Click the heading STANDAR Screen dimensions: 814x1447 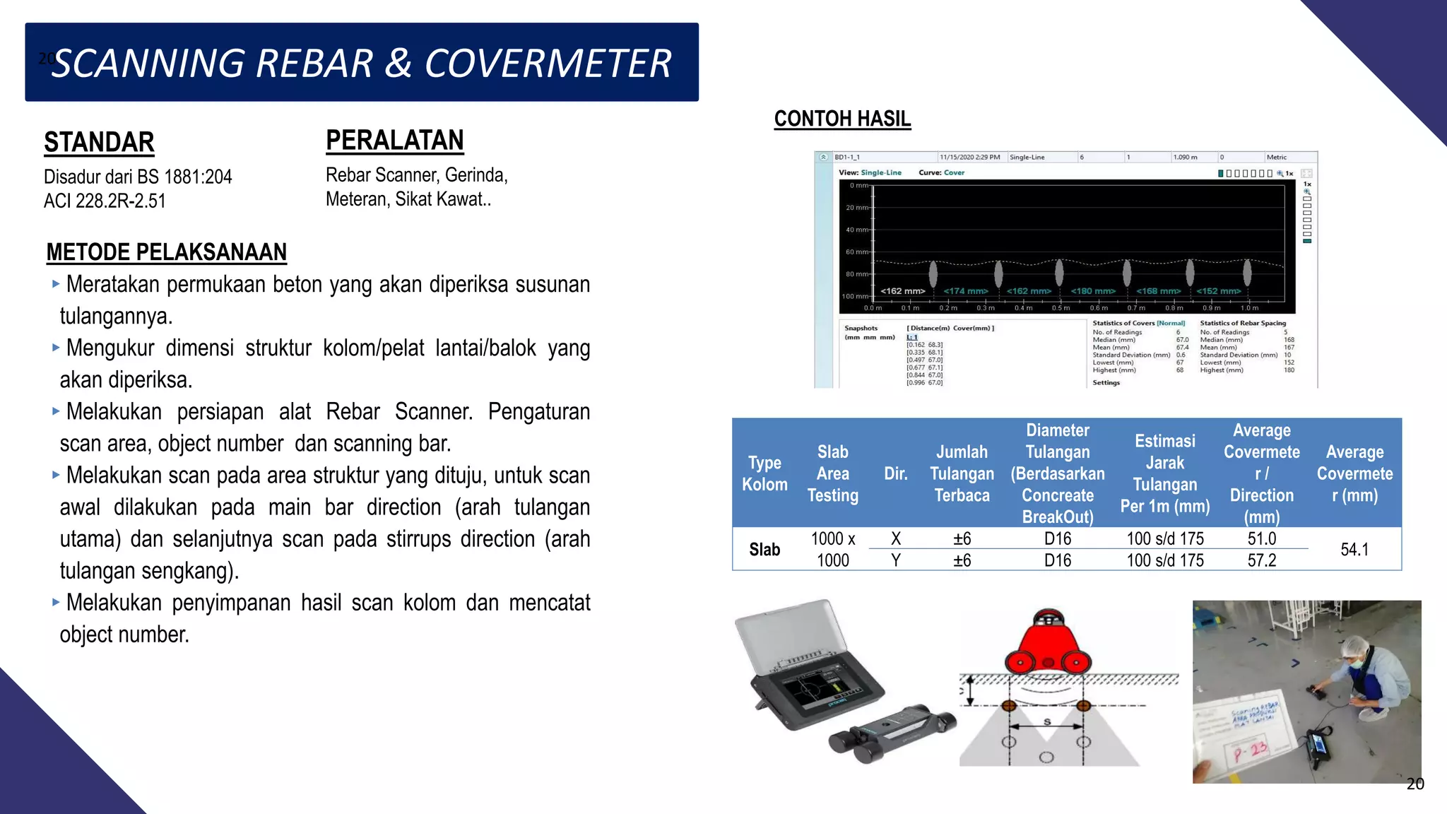(99, 142)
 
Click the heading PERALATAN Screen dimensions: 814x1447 (394, 140)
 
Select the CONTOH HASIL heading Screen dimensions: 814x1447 (842, 119)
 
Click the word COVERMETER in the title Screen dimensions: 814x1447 (548, 64)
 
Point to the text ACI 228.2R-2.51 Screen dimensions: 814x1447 (105, 201)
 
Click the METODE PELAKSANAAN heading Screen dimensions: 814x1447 (166, 252)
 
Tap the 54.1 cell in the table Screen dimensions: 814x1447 (1354, 549)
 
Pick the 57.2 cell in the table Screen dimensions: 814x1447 (1261, 560)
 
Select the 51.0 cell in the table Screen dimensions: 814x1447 (1261, 538)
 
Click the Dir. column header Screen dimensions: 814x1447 (895, 473)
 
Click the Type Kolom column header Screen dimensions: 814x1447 (764, 473)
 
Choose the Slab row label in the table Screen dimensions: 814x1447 (764, 549)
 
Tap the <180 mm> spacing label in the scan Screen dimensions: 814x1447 (1092, 291)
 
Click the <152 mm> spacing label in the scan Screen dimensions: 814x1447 (1218, 291)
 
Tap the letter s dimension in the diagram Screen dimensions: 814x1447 (1047, 721)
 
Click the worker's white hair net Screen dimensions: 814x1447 (1354, 646)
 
